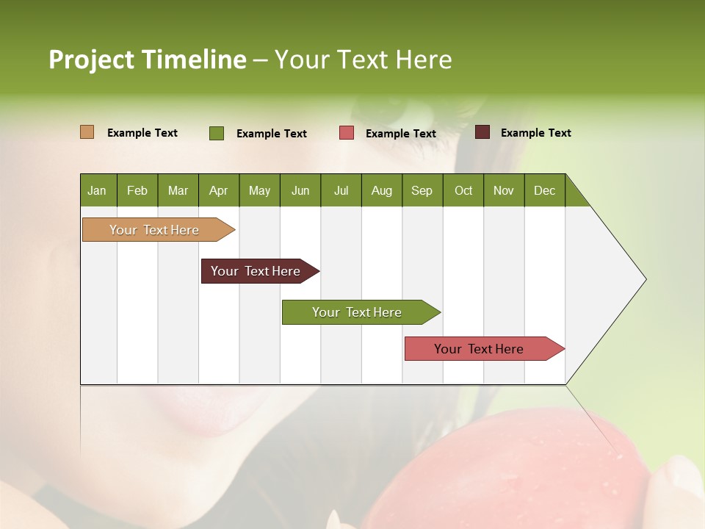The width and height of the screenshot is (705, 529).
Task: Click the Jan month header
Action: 97,190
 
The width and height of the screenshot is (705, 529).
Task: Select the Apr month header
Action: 218,190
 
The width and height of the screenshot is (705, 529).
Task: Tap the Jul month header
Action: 341,190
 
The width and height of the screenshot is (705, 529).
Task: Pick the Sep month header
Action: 422,190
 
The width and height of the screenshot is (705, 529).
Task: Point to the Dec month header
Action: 544,190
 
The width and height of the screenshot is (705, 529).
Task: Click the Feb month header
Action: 137,190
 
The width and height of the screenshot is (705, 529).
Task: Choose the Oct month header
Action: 463,190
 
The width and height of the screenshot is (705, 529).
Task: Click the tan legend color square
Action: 87,132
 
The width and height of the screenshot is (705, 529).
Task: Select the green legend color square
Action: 217,133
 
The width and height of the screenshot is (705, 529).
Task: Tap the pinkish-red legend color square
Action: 347,133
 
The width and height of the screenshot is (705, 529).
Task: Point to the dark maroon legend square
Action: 482,132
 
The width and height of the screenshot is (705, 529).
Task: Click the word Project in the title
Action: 90,60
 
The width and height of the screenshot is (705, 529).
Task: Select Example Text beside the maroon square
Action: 535,133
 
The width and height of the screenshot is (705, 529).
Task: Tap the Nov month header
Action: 504,190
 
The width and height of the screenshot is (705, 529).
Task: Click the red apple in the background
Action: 514,470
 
